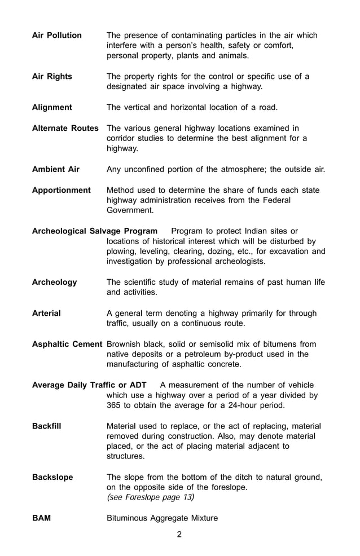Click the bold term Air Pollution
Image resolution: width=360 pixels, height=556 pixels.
[56, 36]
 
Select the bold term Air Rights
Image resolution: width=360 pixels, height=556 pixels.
[52, 77]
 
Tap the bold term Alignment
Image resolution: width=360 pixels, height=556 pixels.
[52, 107]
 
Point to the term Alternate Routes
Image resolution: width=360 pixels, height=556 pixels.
[65, 128]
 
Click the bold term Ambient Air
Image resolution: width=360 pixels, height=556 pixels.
[56, 169]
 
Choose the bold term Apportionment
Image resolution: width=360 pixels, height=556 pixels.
[61, 190]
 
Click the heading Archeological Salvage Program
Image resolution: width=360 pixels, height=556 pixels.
[94, 231]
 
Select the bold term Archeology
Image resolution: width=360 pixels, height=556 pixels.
[54, 283]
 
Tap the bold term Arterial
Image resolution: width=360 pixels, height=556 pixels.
[46, 314]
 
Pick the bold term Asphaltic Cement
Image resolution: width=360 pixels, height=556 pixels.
[67, 344]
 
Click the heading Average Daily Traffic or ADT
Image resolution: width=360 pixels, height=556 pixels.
[89, 385]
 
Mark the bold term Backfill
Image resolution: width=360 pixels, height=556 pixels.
[46, 426]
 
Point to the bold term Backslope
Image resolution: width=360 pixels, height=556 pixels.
[52, 478]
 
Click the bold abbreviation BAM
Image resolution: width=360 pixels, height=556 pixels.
[41, 518]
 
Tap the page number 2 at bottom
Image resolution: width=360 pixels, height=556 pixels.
[179, 535]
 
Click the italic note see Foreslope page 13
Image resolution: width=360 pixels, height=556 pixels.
[151, 498]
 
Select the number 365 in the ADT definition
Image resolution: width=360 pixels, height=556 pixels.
[115, 406]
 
